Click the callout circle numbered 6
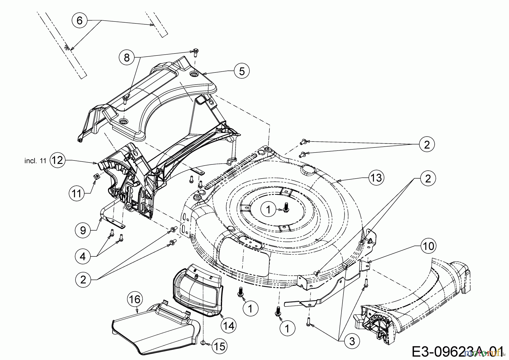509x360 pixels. [80, 20]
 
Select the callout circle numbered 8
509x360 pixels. [126, 58]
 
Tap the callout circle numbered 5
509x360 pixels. [242, 71]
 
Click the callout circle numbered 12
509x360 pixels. [57, 160]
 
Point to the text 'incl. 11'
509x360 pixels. [35, 161]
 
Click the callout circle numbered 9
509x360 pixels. [83, 230]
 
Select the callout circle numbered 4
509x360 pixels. [83, 257]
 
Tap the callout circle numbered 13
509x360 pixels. [376, 178]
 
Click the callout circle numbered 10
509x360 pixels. [428, 246]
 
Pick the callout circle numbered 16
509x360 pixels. [135, 299]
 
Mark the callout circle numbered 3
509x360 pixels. [352, 341]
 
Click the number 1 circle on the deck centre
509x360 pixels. [268, 209]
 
